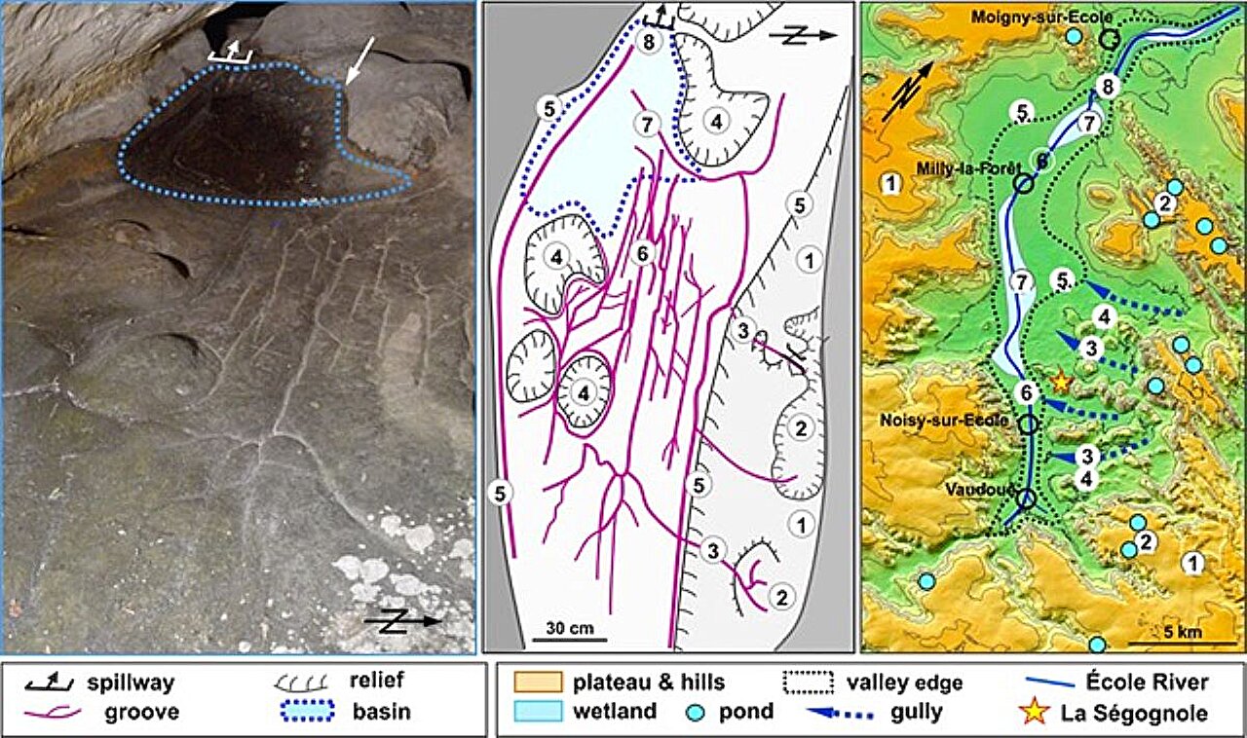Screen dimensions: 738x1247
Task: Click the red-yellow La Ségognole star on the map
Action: pos(1061,381)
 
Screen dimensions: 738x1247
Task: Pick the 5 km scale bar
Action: pos(1170,643)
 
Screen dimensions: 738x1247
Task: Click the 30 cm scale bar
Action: pos(569,640)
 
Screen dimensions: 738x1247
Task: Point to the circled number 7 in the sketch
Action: pos(640,124)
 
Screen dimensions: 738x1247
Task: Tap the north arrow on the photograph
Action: pos(402,621)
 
